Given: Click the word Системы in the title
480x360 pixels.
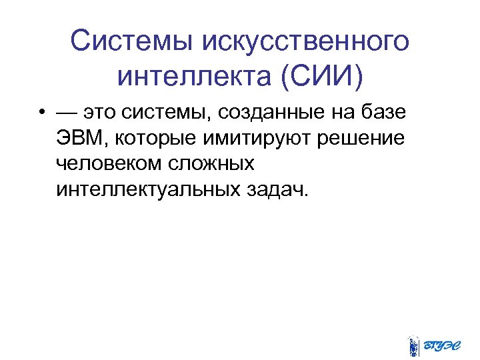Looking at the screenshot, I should point(131,41).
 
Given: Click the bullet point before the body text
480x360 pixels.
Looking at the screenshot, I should point(42,113).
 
